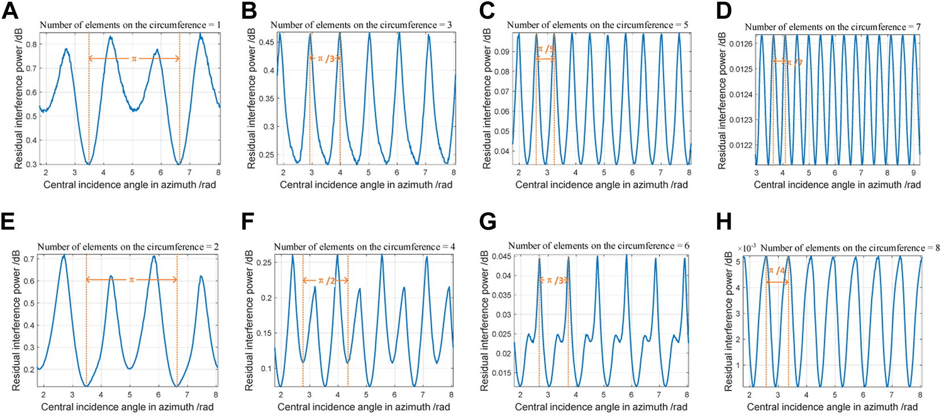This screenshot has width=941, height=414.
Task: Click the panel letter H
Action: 724,222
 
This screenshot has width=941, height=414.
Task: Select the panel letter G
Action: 488,222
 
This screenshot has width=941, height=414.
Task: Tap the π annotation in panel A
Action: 134,59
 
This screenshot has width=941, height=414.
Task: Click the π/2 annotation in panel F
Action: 326,280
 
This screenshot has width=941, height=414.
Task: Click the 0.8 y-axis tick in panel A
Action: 32,44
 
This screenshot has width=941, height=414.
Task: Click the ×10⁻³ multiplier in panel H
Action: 746,248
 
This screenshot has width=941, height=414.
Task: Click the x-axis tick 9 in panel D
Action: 913,173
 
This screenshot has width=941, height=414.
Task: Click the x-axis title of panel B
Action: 366,185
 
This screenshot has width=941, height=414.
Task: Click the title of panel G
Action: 598,246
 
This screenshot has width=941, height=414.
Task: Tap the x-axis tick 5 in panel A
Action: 132,173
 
